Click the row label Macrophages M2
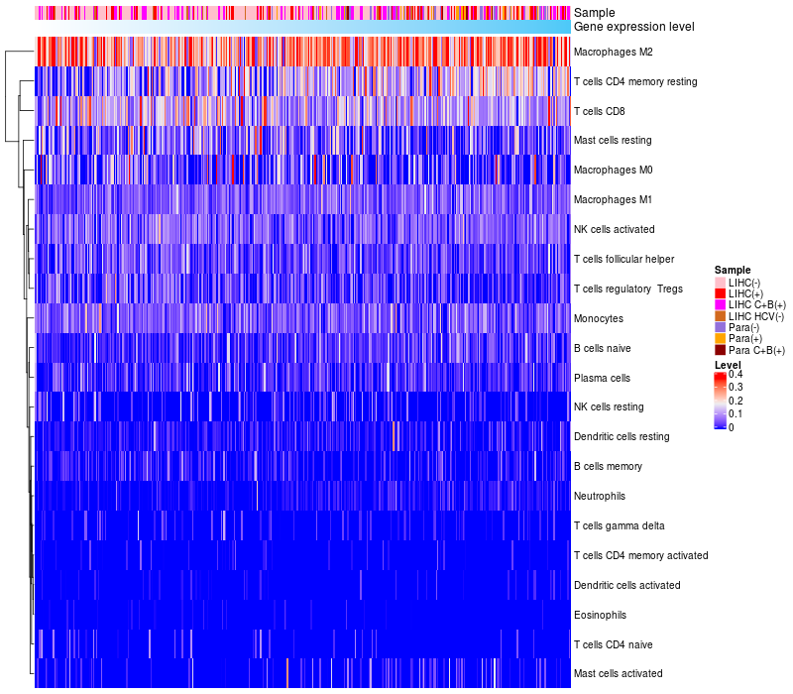(x=613, y=53)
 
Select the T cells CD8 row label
(x=600, y=111)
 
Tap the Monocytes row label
(x=599, y=318)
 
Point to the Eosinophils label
(x=600, y=615)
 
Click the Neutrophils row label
(x=600, y=497)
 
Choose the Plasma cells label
(x=602, y=378)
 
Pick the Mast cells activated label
(x=618, y=674)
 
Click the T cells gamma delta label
(x=619, y=526)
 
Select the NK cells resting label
(x=609, y=406)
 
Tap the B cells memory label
(x=608, y=466)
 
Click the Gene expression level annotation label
(x=634, y=27)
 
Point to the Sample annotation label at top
(x=595, y=13)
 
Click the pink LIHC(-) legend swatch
(x=721, y=283)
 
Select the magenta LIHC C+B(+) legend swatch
(x=721, y=305)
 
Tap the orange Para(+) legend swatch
(x=721, y=338)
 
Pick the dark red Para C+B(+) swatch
(x=721, y=350)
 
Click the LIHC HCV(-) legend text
(x=756, y=316)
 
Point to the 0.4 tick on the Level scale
(x=736, y=375)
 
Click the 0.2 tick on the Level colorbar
(x=736, y=401)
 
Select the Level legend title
(x=728, y=365)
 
